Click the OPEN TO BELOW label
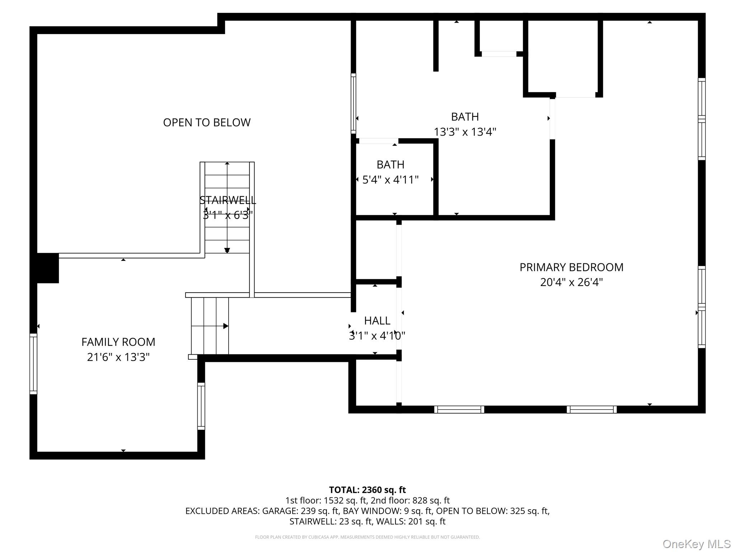pos(207,123)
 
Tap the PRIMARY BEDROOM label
pos(571,267)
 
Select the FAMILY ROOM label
pos(118,342)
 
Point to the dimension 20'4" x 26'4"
pos(571,282)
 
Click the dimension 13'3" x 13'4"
pos(465,132)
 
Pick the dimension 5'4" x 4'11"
pos(390,180)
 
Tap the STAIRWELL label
pos(228,200)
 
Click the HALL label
pos(377,321)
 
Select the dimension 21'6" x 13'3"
pos(118,357)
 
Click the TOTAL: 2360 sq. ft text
pos(367,490)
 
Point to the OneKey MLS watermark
pos(697,544)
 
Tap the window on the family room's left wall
pos(33,364)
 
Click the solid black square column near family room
pos(48,268)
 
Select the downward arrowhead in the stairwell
pos(227,250)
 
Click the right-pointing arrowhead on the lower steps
pos(226,326)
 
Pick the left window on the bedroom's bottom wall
pos(459,409)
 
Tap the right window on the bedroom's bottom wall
pos(592,409)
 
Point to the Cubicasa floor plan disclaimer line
pos(367,537)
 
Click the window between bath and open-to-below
pos(354,103)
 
